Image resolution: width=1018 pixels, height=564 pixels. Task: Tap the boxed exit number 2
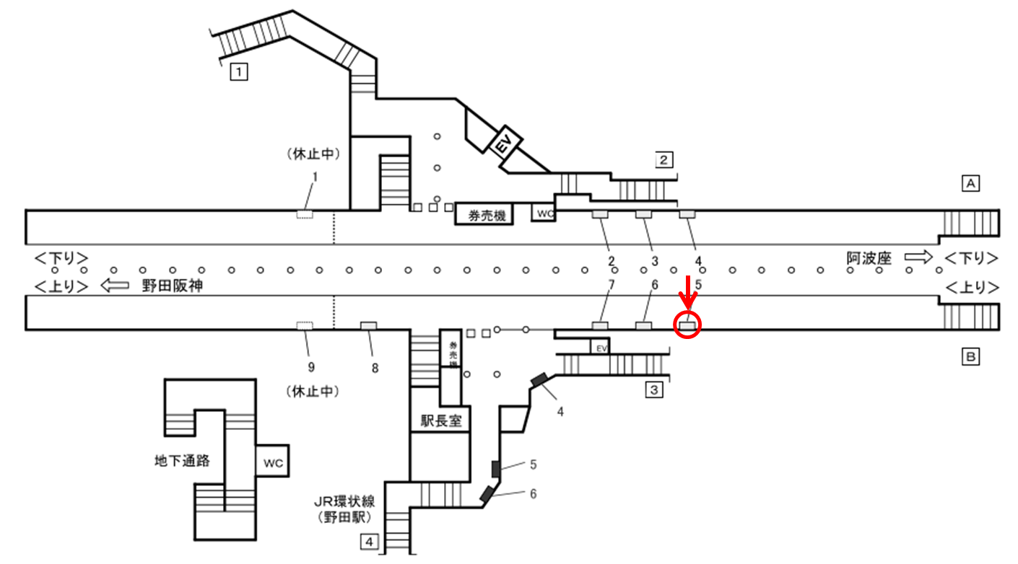[x=664, y=159]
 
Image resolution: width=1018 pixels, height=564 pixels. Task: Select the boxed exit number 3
[x=653, y=390]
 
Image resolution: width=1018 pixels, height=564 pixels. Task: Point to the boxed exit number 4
[x=369, y=540]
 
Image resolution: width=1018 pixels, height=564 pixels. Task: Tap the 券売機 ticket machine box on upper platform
[x=484, y=214]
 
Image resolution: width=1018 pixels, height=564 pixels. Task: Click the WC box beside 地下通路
[x=272, y=461]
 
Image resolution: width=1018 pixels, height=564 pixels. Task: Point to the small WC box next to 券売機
[x=545, y=213]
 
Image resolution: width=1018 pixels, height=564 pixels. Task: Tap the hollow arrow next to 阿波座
[x=919, y=257]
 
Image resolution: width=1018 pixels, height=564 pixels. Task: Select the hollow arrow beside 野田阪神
[x=114, y=286]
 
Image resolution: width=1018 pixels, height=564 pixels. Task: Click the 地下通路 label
[x=183, y=459]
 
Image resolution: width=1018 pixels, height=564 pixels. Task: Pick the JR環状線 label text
[x=344, y=502]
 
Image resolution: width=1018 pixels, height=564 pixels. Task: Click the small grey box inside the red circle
[x=687, y=326]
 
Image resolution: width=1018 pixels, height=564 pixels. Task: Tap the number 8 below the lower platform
[x=375, y=368]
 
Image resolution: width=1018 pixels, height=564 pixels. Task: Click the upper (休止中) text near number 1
[x=313, y=154]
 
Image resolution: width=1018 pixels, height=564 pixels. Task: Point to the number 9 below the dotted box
[x=311, y=368]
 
